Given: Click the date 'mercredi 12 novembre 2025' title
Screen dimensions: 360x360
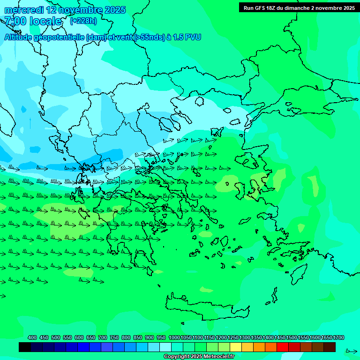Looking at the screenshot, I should pos(65,10).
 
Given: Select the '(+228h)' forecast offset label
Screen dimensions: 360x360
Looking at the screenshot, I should pos(83,21).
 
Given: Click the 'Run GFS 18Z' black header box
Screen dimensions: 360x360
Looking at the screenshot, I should pos(298,7).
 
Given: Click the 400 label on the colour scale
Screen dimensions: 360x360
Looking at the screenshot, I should pos(32,337).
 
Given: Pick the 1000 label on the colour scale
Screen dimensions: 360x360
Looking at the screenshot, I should pos(174,337).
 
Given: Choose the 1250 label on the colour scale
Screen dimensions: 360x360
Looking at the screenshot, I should pos(233,337).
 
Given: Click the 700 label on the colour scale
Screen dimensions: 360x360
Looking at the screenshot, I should pos(103,337).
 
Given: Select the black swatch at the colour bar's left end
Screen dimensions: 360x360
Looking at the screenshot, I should pos(25,347).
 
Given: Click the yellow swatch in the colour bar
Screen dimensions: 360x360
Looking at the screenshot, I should pos(236,347).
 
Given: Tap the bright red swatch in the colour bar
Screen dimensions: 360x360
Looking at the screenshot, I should pos(283,347).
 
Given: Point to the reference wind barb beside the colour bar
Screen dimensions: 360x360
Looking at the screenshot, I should pos(351,350).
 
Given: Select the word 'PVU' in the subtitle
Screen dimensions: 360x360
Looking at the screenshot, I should pos(193,37).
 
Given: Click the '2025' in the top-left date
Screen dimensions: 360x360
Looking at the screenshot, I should pos(115,10).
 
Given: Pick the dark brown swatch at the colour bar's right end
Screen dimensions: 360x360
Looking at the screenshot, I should pos(330,347).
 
